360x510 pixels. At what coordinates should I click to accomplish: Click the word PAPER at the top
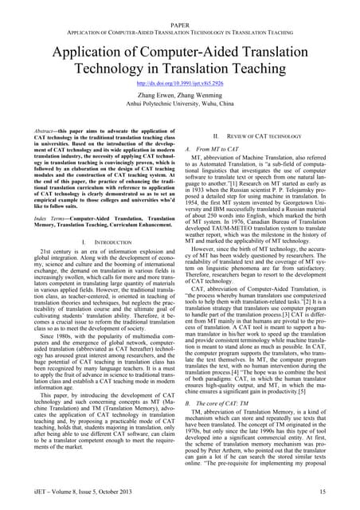point(180,26)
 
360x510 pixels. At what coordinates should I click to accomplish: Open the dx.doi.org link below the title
point(180,83)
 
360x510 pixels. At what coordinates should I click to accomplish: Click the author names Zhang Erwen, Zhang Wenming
point(180,94)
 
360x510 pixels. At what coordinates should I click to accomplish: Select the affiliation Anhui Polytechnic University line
point(180,103)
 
